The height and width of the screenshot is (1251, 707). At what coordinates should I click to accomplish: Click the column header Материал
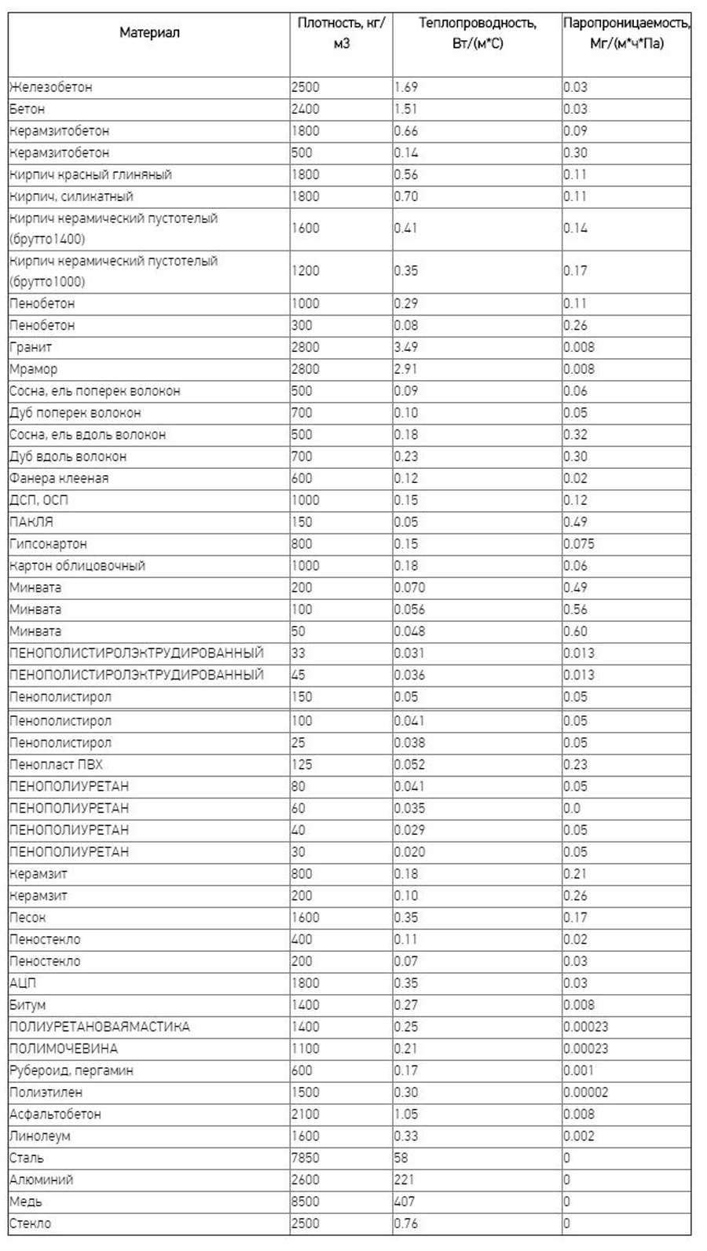(149, 33)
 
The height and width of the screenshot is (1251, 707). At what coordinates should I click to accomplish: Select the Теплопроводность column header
(477, 33)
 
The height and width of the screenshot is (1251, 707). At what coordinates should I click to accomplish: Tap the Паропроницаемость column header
(626, 33)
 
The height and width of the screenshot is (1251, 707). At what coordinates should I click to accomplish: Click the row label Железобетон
(51, 87)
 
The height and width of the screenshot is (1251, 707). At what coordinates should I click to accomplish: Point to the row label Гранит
(31, 347)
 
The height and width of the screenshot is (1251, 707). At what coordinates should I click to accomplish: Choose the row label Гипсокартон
(49, 543)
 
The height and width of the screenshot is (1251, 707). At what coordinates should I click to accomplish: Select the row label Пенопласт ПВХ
(57, 764)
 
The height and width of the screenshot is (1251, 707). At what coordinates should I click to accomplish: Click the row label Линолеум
(40, 1136)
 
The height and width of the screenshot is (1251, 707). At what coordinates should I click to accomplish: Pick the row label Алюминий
(42, 1180)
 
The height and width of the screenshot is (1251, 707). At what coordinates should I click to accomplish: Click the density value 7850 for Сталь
(306, 1158)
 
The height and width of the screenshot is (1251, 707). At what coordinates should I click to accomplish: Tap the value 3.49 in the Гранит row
(406, 347)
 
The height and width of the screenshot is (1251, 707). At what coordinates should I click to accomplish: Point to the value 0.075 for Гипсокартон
(579, 543)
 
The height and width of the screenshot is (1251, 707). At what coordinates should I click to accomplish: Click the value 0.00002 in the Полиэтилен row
(586, 1092)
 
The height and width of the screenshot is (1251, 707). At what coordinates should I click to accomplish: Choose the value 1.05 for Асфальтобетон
(406, 1114)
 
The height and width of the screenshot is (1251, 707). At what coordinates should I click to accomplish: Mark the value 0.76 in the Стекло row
(406, 1224)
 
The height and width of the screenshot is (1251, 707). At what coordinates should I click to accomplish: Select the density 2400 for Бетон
(306, 109)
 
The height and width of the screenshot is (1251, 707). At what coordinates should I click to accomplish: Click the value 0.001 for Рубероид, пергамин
(579, 1070)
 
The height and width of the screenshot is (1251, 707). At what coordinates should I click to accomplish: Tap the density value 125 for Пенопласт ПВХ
(302, 764)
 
